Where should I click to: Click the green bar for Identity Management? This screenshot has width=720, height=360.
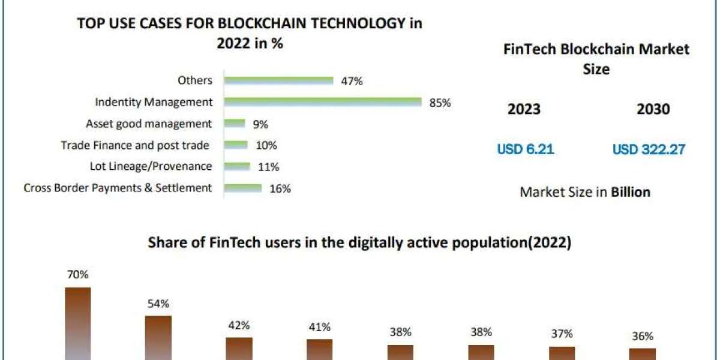[x=323, y=102]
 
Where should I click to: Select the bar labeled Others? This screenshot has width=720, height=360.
[x=278, y=80]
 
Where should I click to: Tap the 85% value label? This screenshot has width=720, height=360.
[x=440, y=103]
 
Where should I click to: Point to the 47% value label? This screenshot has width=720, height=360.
[x=352, y=81]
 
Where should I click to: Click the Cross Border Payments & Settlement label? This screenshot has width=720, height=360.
[x=118, y=188]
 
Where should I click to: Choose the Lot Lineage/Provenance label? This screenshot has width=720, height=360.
[x=151, y=166]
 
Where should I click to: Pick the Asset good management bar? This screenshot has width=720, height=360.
[x=235, y=124]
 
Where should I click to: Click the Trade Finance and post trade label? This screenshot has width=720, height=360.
[x=135, y=145]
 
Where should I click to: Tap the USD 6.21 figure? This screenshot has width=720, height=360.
[x=526, y=149]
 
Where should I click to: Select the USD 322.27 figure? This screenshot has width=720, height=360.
[x=649, y=149]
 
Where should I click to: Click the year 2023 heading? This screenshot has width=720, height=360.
[x=524, y=109]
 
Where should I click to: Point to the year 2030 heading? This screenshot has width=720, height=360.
[x=653, y=109]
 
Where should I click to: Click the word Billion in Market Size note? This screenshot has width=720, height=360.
[x=631, y=192]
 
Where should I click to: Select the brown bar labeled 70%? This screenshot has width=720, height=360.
[x=78, y=324]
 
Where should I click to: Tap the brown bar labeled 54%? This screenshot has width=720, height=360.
[x=158, y=338]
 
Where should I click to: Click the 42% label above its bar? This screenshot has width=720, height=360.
[x=239, y=325]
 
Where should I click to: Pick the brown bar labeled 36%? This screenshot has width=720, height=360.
[x=642, y=354]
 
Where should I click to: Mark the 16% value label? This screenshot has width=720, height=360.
[x=280, y=188]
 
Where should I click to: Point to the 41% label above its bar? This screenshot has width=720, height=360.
[x=319, y=327]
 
